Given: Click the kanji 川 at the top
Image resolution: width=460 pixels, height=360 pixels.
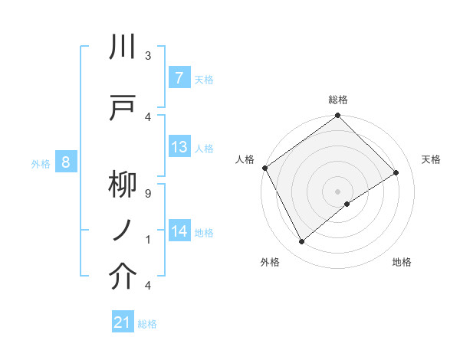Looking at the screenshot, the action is click(x=123, y=47).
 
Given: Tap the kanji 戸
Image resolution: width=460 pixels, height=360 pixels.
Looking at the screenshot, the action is click(x=123, y=108).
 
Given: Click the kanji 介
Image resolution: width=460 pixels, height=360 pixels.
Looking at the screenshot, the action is click(x=123, y=277).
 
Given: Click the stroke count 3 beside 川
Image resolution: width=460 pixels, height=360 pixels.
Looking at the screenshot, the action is click(x=147, y=56).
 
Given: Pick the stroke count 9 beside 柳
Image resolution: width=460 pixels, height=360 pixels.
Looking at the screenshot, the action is click(x=147, y=194).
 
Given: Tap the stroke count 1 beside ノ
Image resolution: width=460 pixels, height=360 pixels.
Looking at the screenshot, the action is click(x=147, y=239).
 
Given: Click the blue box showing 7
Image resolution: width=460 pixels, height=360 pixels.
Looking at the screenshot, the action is click(x=179, y=78).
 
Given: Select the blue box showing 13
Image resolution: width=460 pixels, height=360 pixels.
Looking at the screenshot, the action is click(x=179, y=147).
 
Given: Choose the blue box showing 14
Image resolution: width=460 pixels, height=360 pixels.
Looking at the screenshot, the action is click(x=179, y=231).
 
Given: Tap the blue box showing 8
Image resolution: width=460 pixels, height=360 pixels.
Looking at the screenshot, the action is click(x=66, y=162).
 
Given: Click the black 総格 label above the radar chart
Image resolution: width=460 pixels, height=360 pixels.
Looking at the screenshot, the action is click(x=338, y=100).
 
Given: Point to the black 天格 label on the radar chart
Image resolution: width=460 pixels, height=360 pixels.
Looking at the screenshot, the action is click(x=432, y=159).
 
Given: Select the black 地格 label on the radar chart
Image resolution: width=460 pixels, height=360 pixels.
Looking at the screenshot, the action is click(x=402, y=262).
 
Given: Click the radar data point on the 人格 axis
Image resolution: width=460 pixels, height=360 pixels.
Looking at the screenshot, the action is click(x=264, y=168).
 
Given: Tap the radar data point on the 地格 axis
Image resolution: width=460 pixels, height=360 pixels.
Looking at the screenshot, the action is click(x=347, y=204).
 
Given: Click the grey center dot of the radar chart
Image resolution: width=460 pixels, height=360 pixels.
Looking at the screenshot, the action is click(x=337, y=191).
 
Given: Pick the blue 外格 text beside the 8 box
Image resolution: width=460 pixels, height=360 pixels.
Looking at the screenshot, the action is click(x=41, y=163).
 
